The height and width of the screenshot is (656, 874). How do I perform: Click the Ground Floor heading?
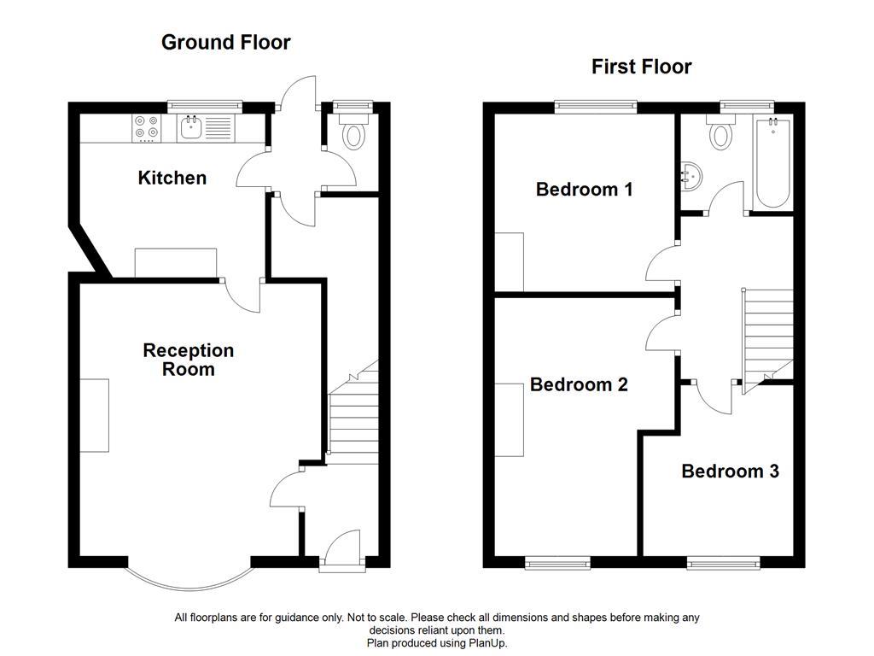click(x=225, y=42)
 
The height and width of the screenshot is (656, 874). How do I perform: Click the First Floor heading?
click(x=641, y=67)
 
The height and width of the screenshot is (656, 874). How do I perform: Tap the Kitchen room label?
click(x=172, y=178)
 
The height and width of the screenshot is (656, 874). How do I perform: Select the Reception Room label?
click(x=188, y=360)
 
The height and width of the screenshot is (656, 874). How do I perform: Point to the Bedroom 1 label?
click(x=584, y=189)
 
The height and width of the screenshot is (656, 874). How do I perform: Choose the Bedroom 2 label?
click(x=579, y=384)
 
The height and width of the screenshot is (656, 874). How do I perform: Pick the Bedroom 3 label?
click(x=730, y=471)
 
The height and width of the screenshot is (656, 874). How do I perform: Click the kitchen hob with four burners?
click(x=146, y=127)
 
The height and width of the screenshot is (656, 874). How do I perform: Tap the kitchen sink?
click(x=190, y=129)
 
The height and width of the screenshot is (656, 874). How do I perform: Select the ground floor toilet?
click(x=352, y=134)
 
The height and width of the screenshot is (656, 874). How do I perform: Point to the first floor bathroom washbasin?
click(x=691, y=176)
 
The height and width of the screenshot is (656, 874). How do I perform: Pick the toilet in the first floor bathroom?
click(x=721, y=134)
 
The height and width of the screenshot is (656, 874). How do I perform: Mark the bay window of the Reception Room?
click(x=189, y=581)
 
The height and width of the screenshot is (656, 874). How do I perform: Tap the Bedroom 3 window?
click(x=723, y=562)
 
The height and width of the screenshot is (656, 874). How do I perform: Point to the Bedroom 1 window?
click(x=596, y=106)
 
